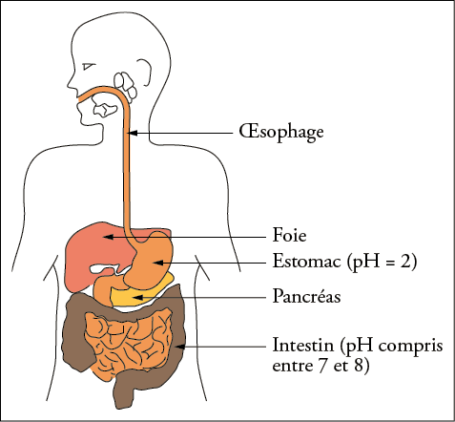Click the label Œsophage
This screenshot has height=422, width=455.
click(281, 132)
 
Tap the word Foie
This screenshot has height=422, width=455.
click(290, 236)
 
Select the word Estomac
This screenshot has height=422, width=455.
click(307, 262)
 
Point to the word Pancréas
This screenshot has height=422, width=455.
click(307, 296)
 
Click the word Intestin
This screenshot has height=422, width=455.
click(303, 345)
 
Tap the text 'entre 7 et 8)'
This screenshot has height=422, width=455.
click(321, 366)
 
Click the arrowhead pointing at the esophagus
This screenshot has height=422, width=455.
click(133, 133)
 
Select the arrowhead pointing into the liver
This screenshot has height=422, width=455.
click(107, 237)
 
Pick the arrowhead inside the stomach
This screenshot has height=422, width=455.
click(158, 263)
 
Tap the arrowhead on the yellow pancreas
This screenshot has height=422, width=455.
click(137, 297)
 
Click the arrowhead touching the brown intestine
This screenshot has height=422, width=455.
click(180, 347)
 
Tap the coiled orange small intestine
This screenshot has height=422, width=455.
click(127, 344)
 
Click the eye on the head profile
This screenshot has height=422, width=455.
click(88, 67)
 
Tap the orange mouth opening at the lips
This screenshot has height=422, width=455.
click(79, 99)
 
